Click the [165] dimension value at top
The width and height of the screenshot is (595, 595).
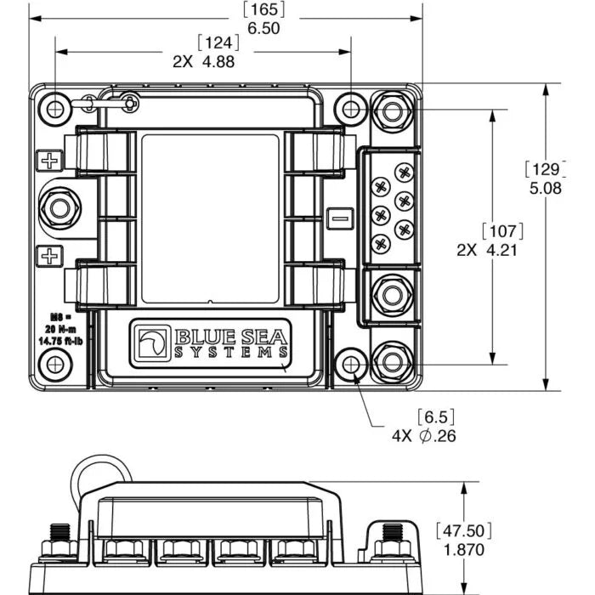click(263, 10)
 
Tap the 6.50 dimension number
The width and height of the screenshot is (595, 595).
click(263, 28)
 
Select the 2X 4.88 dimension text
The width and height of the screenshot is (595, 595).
click(203, 61)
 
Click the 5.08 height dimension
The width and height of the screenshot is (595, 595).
click(545, 189)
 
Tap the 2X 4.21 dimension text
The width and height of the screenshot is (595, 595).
click(487, 250)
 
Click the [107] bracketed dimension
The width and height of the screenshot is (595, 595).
click(501, 231)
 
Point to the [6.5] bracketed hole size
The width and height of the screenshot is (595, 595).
click(434, 417)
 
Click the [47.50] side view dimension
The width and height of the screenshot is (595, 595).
click(464, 530)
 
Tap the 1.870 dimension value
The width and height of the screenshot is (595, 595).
click(464, 550)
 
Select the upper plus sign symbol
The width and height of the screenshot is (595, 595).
click(50, 161)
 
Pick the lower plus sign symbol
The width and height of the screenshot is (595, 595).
click(50, 254)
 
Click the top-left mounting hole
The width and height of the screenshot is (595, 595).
click(55, 109)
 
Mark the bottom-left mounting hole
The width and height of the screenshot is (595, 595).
click(55, 364)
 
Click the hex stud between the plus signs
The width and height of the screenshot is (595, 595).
click(61, 207)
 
